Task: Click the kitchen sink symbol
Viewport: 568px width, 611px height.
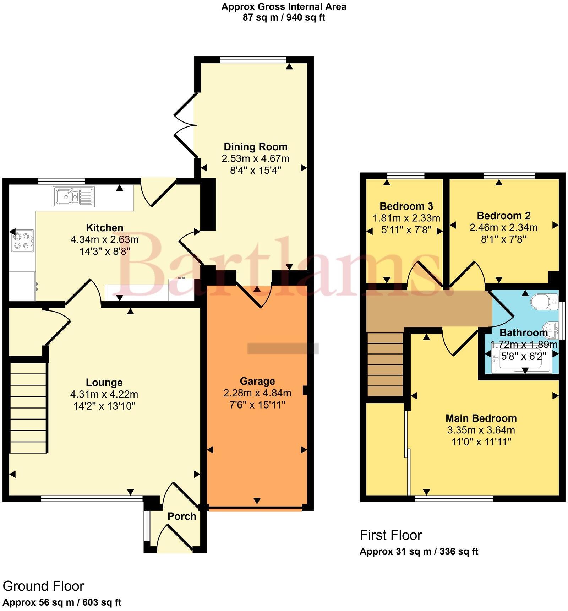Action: click(x=74, y=196)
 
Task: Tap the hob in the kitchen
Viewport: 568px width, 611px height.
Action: click(x=22, y=240)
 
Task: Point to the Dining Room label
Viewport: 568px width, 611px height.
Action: click(x=255, y=147)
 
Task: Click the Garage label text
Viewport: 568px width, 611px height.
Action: click(x=257, y=381)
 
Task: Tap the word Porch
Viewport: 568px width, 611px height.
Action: click(x=182, y=516)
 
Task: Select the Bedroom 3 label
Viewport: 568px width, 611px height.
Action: click(x=406, y=206)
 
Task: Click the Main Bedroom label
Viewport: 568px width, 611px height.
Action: click(x=481, y=418)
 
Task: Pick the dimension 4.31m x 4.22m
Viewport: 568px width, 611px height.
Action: click(x=104, y=394)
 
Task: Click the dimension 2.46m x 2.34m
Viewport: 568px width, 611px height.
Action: click(x=503, y=227)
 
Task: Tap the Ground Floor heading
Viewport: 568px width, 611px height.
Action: click(x=43, y=586)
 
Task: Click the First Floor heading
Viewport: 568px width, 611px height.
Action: click(x=390, y=535)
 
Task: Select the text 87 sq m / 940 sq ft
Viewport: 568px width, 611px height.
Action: click(x=284, y=17)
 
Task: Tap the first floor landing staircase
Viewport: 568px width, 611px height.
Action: click(x=385, y=364)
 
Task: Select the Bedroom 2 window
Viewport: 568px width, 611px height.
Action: click(x=509, y=175)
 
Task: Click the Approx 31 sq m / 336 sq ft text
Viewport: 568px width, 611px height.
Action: click(x=419, y=551)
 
